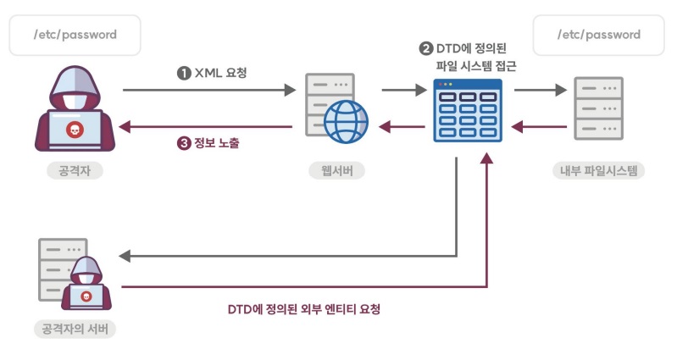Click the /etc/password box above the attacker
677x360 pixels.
(75, 36)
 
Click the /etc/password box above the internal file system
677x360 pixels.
(598, 36)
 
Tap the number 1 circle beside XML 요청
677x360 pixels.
(183, 73)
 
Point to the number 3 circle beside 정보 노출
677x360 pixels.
(183, 143)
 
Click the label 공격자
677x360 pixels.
(75, 171)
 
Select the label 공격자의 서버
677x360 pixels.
(74, 328)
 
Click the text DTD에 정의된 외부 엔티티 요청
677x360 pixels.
(303, 309)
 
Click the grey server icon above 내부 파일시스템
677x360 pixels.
(598, 108)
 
